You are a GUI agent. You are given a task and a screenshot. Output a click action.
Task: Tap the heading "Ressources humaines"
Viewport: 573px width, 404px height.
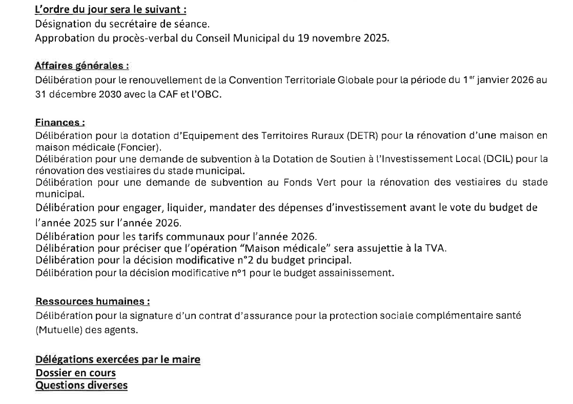pyautogui.click(x=93, y=301)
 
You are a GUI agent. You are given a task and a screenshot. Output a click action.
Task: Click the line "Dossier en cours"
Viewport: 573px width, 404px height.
pyautogui.click(x=75, y=373)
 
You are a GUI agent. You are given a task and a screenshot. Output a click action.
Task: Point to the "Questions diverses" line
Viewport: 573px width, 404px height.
pyautogui.click(x=81, y=385)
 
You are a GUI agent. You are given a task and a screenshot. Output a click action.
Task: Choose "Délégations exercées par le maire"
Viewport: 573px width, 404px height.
pyautogui.click(x=117, y=360)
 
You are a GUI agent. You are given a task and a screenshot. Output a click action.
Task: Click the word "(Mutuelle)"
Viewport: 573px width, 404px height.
pyautogui.click(x=57, y=330)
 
